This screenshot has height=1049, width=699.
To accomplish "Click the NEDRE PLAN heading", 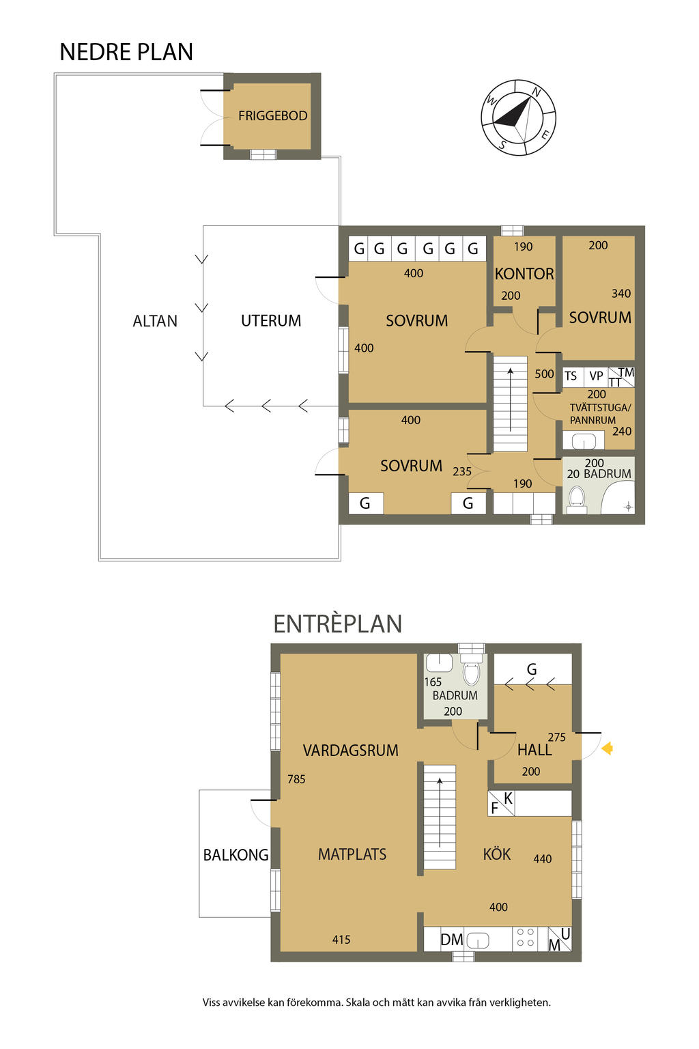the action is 126,52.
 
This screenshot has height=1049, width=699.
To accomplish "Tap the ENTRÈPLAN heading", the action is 338,624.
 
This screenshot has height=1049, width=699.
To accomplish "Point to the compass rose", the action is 518,117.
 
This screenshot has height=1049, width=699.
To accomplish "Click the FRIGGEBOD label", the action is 272,115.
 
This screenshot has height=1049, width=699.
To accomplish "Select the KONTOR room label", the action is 524,274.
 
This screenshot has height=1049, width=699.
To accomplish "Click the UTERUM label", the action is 270,321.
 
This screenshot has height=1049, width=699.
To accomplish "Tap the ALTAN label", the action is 155,321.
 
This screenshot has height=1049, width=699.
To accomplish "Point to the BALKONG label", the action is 236,855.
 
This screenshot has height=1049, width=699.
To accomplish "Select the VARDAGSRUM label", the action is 350,751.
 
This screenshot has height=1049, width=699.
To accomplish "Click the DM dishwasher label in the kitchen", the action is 451,940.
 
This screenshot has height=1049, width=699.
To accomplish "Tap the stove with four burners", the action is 525,938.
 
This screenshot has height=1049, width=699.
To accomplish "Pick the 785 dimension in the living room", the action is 296,779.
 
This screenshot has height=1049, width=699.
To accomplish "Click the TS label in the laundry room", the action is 570,376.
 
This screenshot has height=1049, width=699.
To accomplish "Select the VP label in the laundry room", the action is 596,376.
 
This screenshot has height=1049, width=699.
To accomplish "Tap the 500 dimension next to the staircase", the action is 544,374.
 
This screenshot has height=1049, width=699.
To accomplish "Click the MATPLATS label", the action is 352,854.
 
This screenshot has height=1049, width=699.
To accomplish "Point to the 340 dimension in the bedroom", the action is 620,294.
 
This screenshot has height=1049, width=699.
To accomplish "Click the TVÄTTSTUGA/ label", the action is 600,408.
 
